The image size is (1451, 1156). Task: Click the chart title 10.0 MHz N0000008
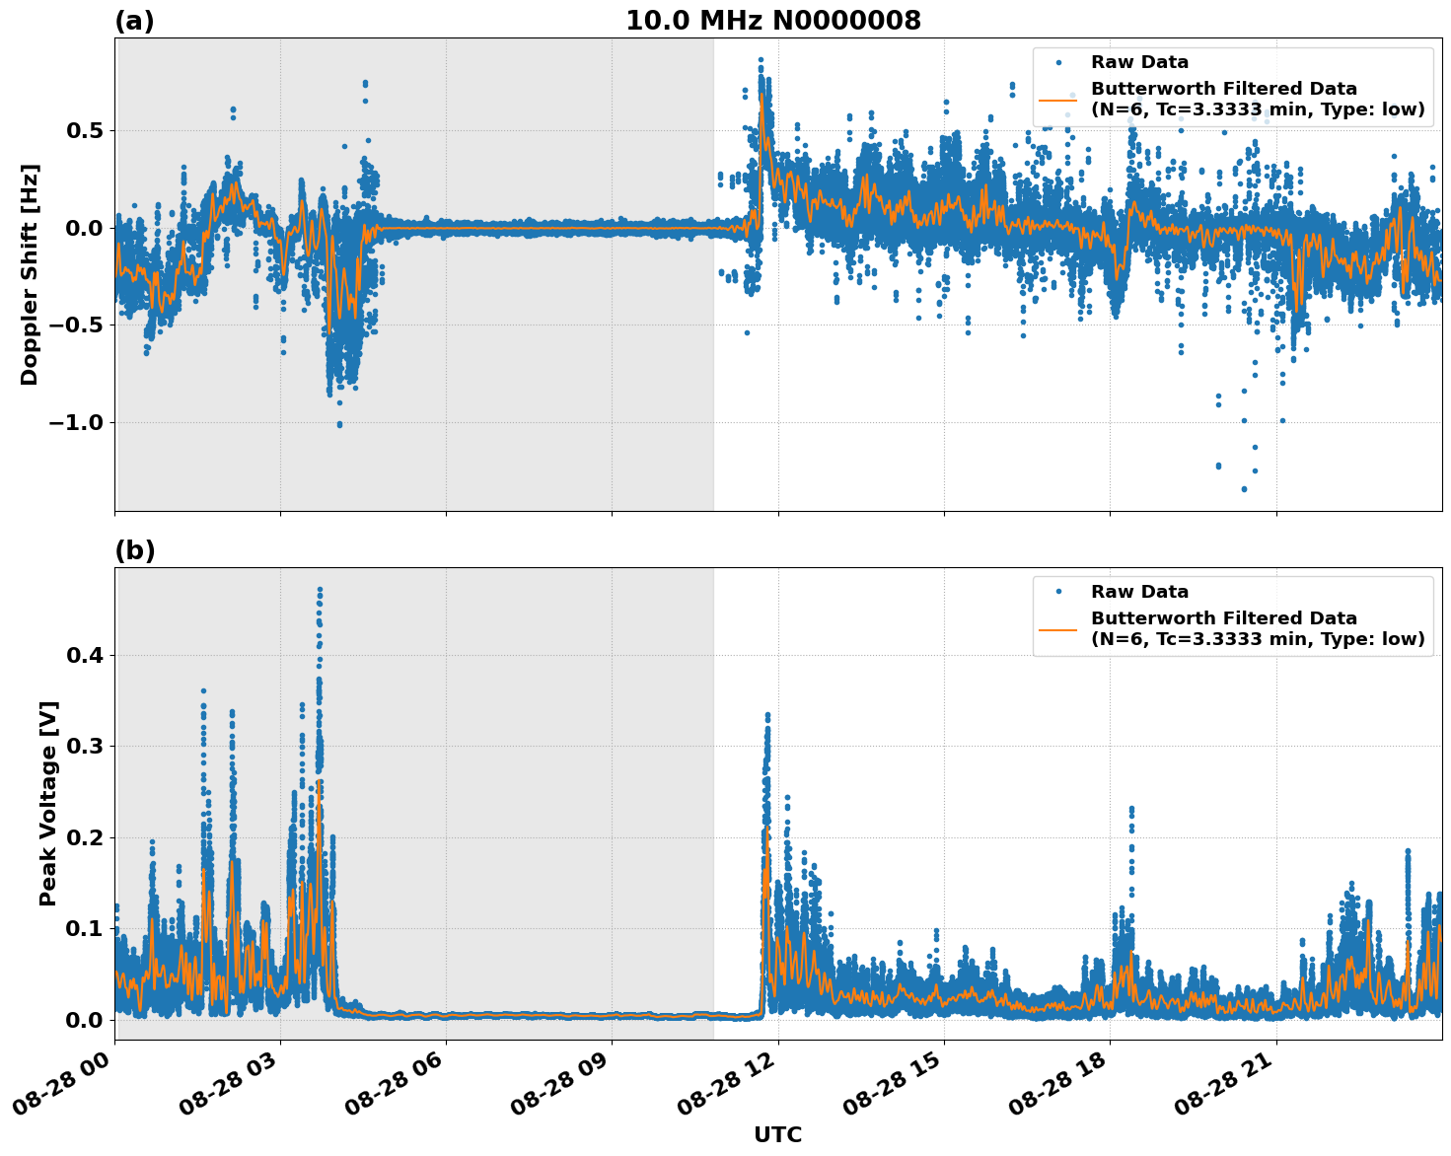(772, 21)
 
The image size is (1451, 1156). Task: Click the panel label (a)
(134, 21)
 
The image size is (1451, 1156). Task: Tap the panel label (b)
(134, 550)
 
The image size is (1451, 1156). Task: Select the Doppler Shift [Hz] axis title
(30, 274)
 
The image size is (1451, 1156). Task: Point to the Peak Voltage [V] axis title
(48, 803)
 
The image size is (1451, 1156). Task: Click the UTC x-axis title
(777, 1134)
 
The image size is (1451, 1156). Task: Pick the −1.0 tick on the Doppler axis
(75, 423)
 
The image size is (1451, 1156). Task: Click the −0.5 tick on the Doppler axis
(75, 325)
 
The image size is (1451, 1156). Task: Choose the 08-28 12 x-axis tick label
(728, 1085)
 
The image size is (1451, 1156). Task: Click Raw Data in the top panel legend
(1139, 63)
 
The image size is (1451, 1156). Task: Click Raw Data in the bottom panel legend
(1139, 592)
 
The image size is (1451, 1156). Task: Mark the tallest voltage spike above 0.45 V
(320, 590)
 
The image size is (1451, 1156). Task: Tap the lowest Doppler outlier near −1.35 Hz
(1244, 488)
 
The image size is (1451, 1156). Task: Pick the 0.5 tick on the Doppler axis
(85, 130)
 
